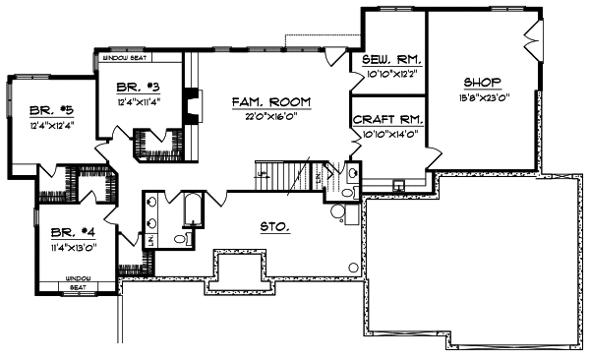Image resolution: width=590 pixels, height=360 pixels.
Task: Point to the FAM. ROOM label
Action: point(271,101)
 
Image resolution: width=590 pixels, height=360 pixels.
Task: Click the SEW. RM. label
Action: point(385,61)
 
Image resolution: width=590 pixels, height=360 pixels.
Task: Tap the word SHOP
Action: point(482,82)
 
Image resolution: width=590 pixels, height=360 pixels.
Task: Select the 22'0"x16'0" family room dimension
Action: point(271,116)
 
